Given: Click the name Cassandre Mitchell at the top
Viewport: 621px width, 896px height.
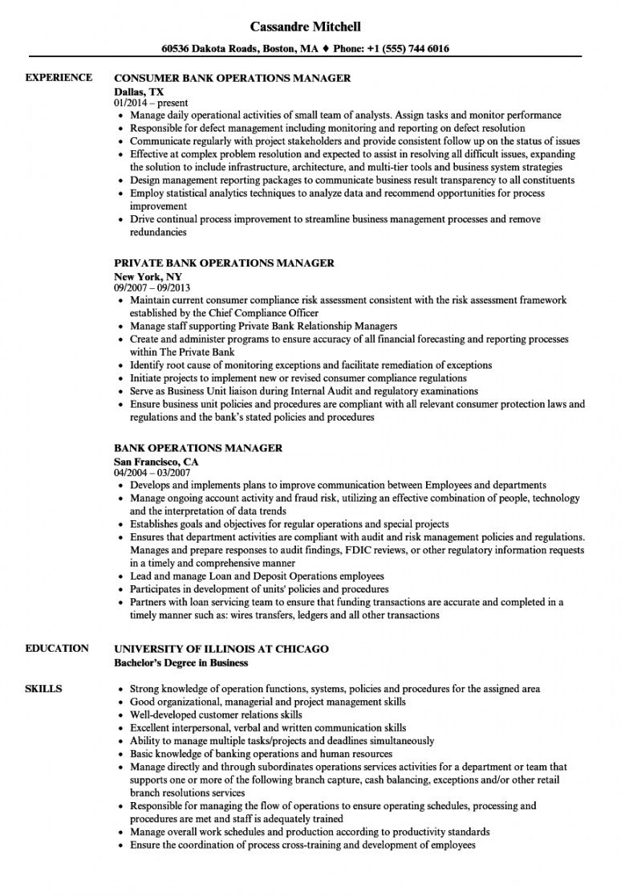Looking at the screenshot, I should [x=310, y=26].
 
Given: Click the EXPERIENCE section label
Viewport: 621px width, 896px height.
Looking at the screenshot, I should [x=58, y=78].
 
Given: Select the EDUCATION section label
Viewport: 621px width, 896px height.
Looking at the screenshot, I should [x=57, y=648].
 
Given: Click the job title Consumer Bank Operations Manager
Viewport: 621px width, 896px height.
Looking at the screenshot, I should [x=233, y=79].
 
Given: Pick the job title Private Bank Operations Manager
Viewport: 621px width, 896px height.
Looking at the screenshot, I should [x=224, y=263].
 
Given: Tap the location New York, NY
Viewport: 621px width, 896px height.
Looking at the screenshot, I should [x=148, y=276].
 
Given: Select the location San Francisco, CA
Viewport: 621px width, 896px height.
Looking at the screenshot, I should [x=156, y=462].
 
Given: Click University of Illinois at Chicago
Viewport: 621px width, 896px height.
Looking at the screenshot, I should [x=221, y=649].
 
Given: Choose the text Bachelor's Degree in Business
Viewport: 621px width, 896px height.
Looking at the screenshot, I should [x=181, y=662].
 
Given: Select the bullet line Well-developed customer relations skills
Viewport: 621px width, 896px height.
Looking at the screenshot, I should [x=216, y=715].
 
